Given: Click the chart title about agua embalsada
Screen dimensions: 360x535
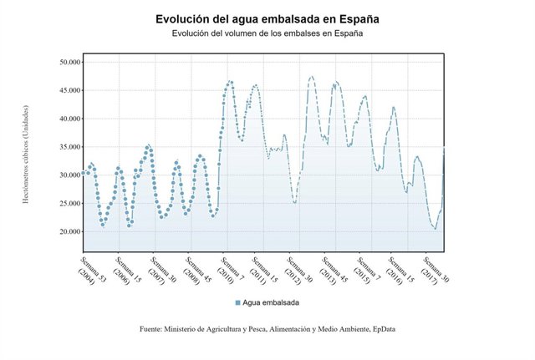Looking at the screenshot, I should pos(267,18).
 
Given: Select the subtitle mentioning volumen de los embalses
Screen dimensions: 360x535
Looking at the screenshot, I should pos(267,33).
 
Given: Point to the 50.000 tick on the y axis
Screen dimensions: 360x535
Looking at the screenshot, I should pos(64,62).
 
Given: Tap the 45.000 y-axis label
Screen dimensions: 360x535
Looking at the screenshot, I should pos(64,90).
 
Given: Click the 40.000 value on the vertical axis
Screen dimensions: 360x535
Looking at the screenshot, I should pos(64,119).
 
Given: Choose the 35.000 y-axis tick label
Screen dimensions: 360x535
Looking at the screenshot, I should pos(64,147).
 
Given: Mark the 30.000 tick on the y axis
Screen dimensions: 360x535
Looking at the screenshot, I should pos(64,175).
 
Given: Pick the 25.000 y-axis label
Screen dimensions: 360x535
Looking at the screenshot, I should pos(64,203).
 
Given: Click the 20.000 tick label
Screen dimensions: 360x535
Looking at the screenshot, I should pos(64,231).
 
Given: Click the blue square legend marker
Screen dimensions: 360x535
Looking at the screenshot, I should pos(237,302).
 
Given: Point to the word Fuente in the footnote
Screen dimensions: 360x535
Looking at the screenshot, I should pos(153,329).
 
